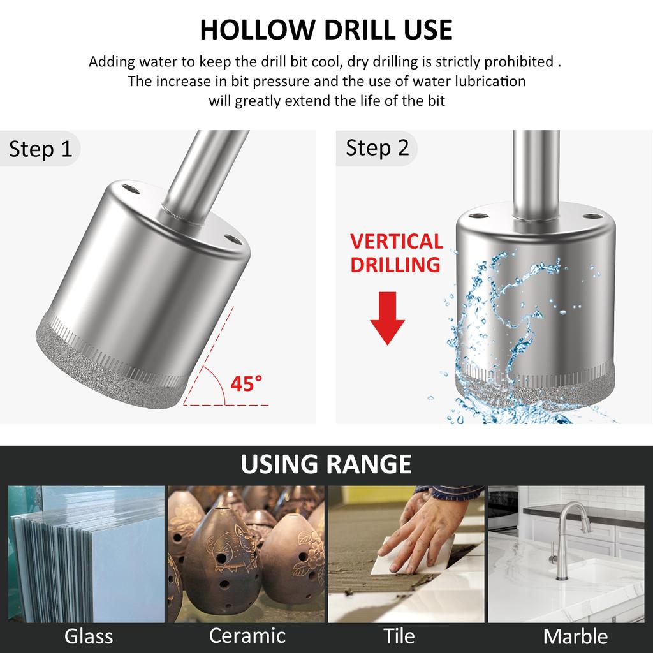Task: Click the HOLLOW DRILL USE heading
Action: tap(326, 30)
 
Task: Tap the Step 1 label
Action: tap(40, 149)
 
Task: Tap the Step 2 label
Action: tap(377, 148)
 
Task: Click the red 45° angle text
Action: tap(246, 384)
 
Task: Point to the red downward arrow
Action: tap(387, 318)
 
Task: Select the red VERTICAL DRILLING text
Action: tap(396, 253)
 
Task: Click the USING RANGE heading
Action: tap(326, 464)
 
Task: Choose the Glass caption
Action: tap(89, 636)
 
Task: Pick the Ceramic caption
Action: tap(247, 635)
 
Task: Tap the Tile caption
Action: tap(399, 636)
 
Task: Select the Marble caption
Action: tap(575, 636)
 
